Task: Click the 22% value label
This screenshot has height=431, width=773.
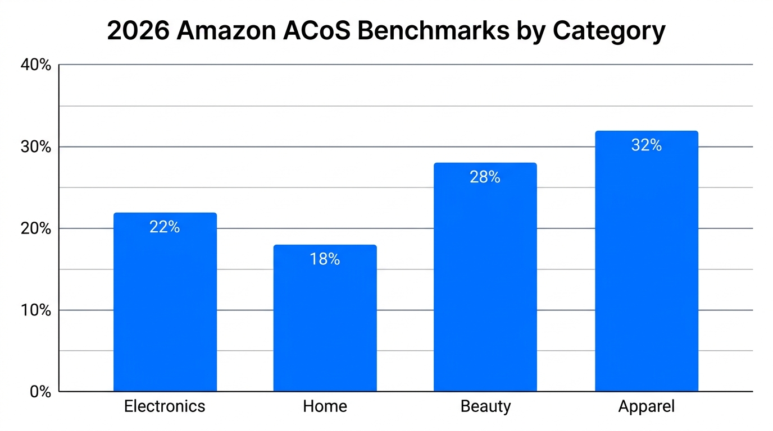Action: pos(165,227)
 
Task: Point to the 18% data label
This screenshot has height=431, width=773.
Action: pos(325,259)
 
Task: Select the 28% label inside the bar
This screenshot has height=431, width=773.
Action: pos(485,177)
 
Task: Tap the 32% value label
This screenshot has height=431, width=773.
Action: pos(646,145)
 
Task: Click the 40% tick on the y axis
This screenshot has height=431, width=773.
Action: pos(36,65)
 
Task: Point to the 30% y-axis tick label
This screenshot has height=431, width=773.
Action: pos(36,147)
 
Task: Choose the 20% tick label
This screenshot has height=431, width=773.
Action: pos(36,229)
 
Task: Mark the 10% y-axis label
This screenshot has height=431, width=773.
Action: pos(36,310)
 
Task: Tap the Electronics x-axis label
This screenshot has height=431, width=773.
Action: pos(165,406)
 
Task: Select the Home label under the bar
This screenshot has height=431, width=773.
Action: pos(325,406)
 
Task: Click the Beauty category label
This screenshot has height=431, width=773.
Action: pos(485,406)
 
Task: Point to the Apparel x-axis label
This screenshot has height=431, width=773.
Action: pos(646,406)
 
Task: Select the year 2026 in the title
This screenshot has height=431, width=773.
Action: pos(138,31)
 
